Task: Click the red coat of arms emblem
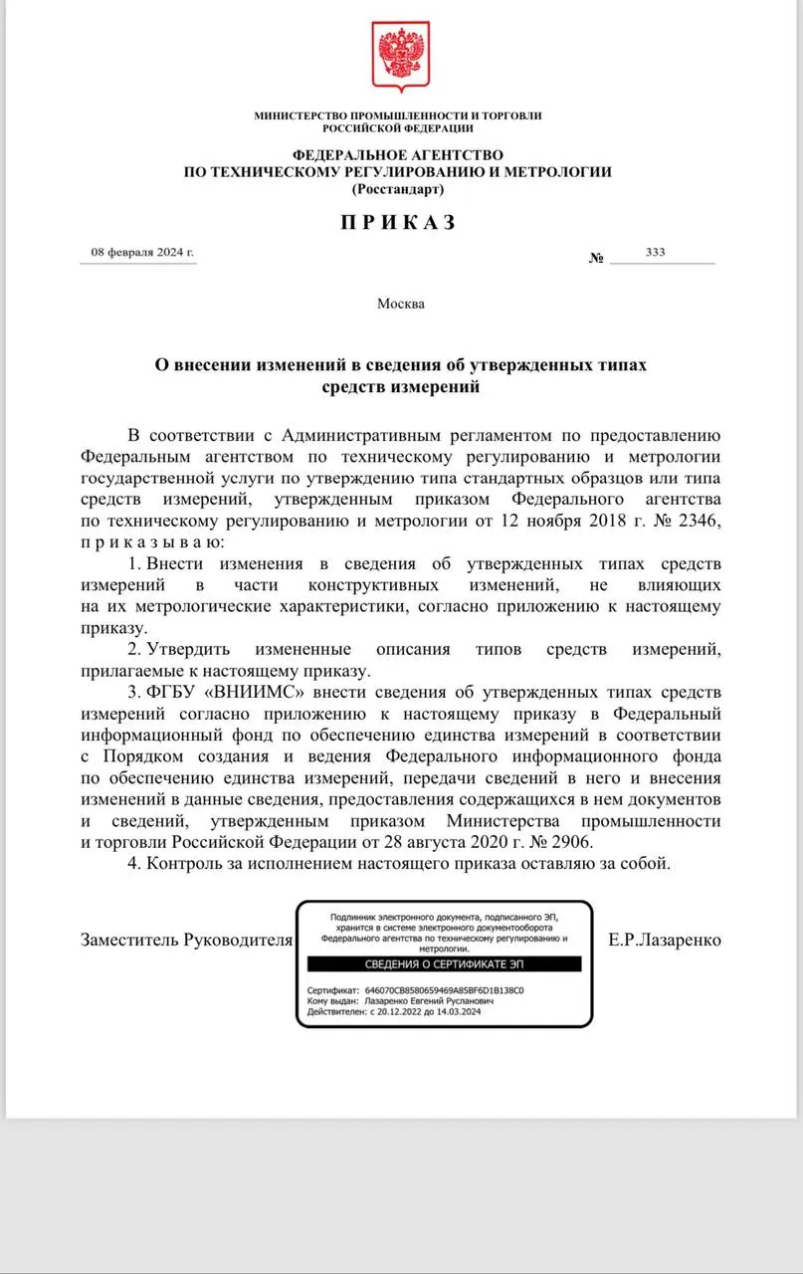tap(400, 59)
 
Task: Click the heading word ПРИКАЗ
tap(398, 222)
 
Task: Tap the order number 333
tap(655, 253)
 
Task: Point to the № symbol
tap(597, 258)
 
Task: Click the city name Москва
tap(400, 304)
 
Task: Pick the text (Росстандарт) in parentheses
tap(398, 187)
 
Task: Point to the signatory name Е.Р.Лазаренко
tap(665, 940)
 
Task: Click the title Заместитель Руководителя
tap(186, 940)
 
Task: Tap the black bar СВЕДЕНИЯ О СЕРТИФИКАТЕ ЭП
tap(444, 964)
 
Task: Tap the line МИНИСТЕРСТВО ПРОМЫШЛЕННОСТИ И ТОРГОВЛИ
tap(398, 115)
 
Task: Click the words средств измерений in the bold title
tap(399, 386)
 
